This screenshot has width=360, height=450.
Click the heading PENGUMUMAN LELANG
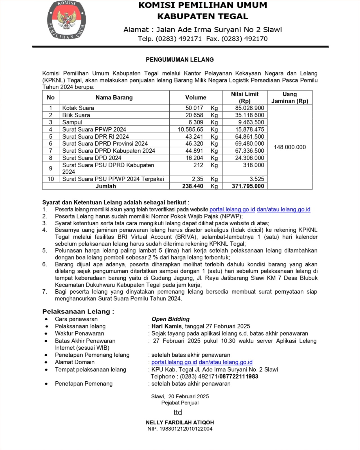tap(180, 60)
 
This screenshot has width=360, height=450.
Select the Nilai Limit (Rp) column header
tap(245, 98)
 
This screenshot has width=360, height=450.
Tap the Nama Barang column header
tap(114, 98)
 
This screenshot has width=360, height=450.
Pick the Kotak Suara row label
tap(78, 108)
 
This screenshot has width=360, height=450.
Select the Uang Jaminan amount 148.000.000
tap(290, 147)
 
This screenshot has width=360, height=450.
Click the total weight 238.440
tap(193, 186)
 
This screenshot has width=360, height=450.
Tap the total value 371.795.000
tap(248, 186)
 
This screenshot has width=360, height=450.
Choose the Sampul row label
tap(72, 122)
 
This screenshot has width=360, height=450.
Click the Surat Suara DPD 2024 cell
tap(92, 158)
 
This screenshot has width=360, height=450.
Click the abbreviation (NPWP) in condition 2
tap(231, 216)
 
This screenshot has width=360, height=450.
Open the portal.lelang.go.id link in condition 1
tap(232, 210)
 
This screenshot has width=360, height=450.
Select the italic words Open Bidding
tap(170, 319)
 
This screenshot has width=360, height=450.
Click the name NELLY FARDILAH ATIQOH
tap(180, 422)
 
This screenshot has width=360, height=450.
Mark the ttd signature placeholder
tap(178, 412)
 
